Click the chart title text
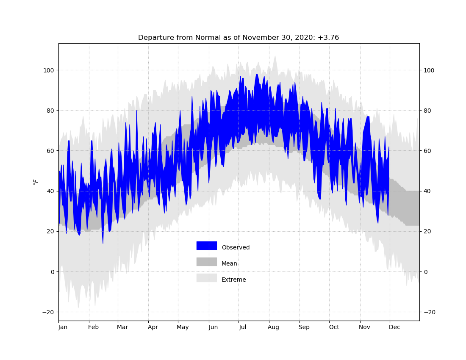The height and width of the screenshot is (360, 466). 239,38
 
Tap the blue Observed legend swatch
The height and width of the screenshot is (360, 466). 207,246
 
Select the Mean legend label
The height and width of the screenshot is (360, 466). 229,263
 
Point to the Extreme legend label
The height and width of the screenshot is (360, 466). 233,280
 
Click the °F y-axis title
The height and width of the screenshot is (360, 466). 36,182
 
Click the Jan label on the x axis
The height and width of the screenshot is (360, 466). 63,327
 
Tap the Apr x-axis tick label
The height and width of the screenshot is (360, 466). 153,327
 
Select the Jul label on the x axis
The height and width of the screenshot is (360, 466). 242,327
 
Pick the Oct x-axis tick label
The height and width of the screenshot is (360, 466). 334,327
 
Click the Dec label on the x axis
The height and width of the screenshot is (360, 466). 394,327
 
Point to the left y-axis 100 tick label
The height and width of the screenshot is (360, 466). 49,70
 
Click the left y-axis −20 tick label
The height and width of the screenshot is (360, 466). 48,312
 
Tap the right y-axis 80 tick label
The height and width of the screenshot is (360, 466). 427,111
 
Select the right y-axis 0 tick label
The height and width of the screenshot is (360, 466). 425,272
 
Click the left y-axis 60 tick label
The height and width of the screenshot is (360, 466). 50,151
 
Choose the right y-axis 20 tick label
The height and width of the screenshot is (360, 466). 427,231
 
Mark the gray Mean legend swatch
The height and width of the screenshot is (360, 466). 207,262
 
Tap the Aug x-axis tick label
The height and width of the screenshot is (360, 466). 273,327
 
